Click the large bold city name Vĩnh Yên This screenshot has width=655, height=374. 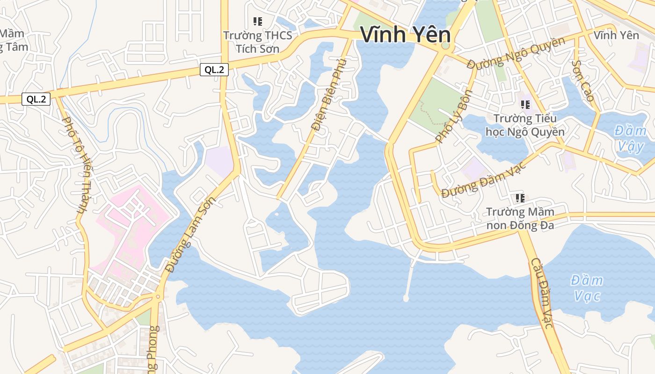(405, 35)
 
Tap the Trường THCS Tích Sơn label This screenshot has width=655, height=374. (257, 42)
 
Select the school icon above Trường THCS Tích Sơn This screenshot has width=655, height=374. (257, 21)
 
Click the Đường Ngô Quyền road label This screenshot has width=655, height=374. (516, 52)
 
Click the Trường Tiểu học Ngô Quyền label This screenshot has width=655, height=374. (525, 125)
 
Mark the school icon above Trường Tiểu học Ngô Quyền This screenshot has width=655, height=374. (525, 105)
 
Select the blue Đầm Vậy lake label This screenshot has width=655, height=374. (630, 138)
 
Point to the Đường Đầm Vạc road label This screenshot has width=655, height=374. (484, 180)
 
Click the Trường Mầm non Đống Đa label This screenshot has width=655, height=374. (520, 218)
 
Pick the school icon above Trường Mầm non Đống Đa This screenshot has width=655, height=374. (520, 198)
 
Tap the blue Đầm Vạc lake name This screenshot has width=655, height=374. (587, 288)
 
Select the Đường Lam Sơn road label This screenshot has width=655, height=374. (190, 235)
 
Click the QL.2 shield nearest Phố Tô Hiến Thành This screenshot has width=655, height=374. (36, 99)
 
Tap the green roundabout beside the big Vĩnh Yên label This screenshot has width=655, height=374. (445, 46)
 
